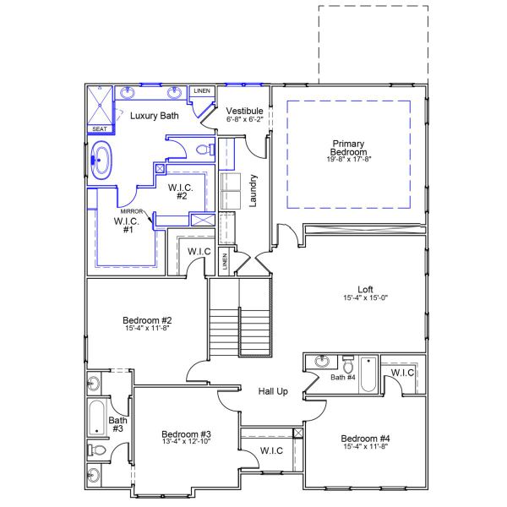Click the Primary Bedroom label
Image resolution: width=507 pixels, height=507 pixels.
point(348,148)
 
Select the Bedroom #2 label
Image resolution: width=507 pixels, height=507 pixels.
point(148,320)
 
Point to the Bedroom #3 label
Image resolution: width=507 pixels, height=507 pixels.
point(187,434)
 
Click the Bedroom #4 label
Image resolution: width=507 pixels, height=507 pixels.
point(365,439)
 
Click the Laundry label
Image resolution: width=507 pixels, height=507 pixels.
point(252,190)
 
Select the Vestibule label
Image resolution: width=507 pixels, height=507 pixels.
point(245,112)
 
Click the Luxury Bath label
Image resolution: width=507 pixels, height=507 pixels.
point(154,116)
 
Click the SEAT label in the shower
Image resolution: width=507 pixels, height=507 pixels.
point(100,129)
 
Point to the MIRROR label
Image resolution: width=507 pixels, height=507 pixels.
point(131,210)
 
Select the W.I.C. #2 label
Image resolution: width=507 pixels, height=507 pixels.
point(183,191)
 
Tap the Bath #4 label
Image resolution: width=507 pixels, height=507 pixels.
point(343,377)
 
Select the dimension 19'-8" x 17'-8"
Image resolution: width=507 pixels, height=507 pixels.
point(349,159)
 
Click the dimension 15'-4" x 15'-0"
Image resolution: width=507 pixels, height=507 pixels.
point(365,297)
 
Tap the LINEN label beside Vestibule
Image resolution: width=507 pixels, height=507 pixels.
point(202,90)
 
